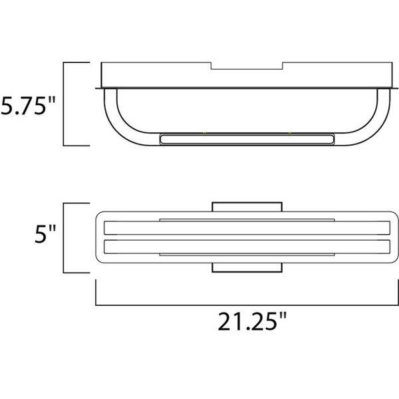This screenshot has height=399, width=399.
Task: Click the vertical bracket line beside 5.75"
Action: pyautogui.click(x=63, y=104)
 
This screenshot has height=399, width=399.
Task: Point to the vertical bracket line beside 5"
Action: pyautogui.click(x=63, y=237)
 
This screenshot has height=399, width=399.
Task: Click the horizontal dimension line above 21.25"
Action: pyautogui.click(x=246, y=304)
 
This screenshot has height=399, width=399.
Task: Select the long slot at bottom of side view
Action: pyautogui.click(x=246, y=139)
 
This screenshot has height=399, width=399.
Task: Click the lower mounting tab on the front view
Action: pyautogui.click(x=247, y=268)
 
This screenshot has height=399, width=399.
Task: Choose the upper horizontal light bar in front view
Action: pyautogui.click(x=246, y=229)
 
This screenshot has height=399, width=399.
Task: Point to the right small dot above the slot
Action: pyautogui.click(x=290, y=133)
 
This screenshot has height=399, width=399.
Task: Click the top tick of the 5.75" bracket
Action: pyautogui.click(x=76, y=63)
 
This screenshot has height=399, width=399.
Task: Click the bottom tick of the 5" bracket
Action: pyautogui.click(x=76, y=273)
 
